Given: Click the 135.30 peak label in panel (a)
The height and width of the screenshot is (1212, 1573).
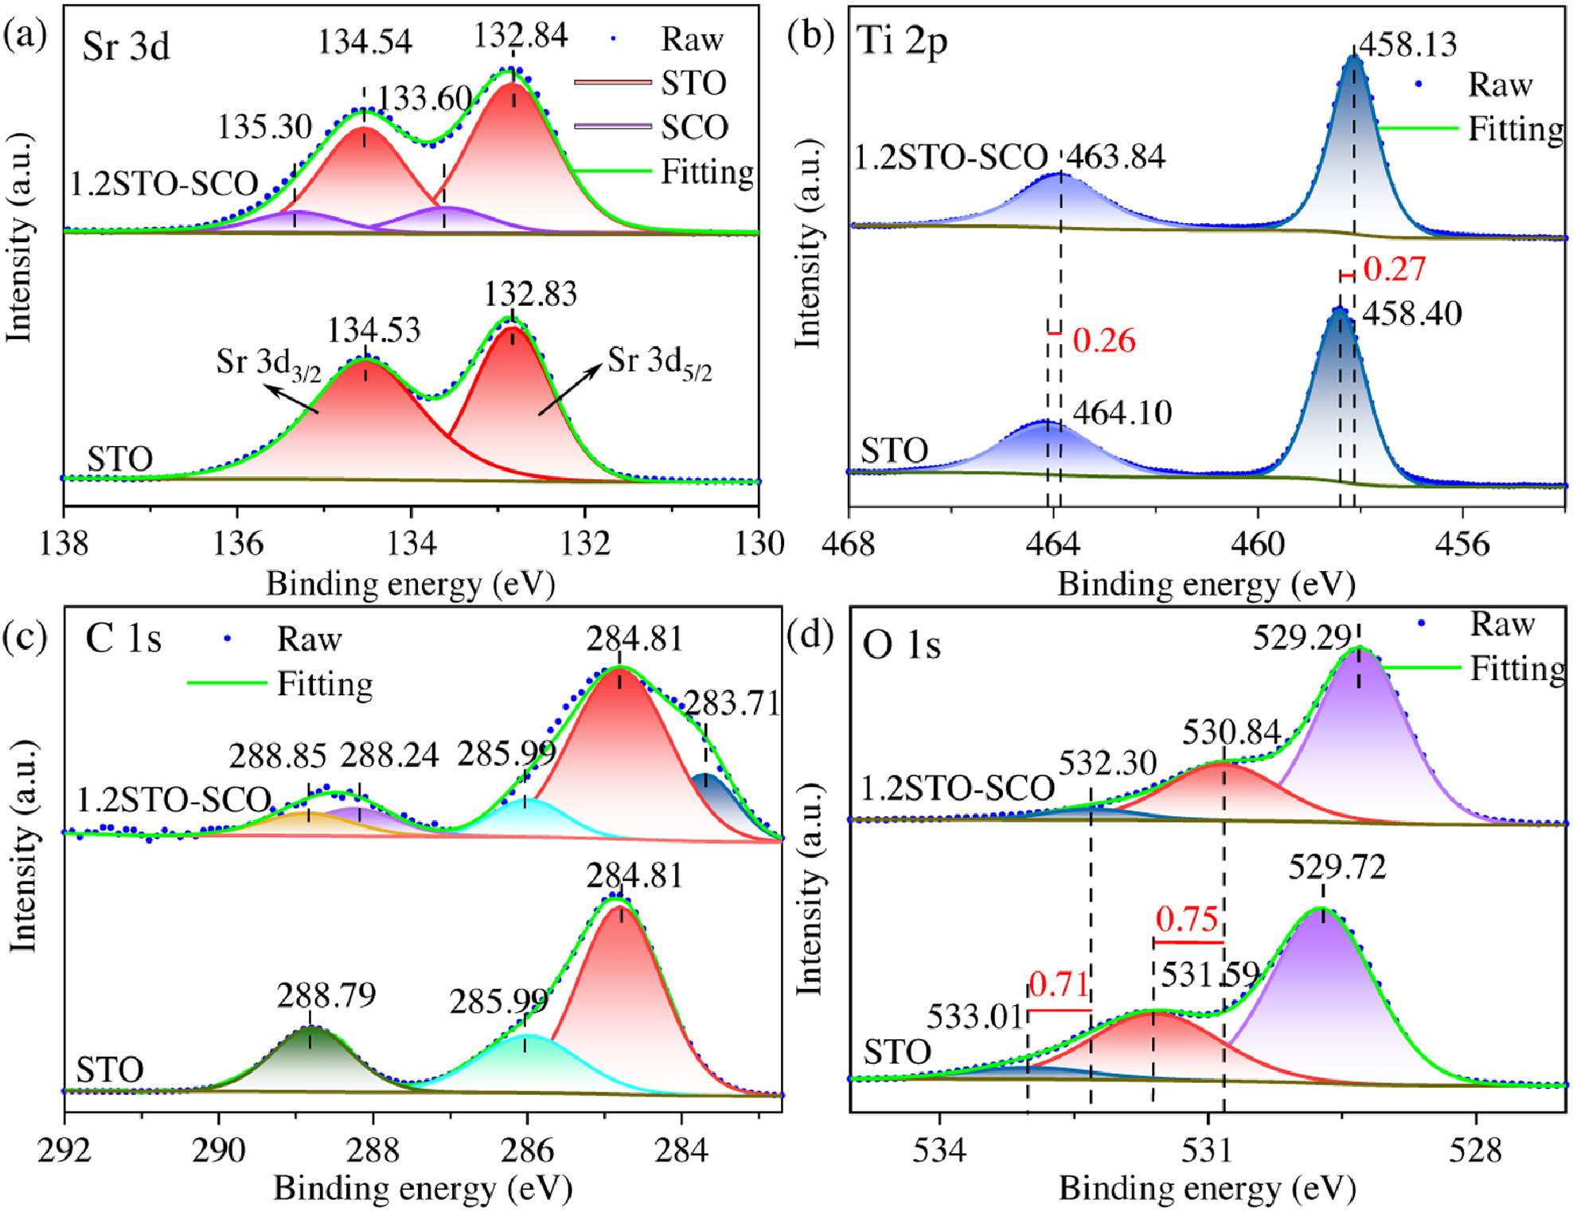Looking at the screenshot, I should [264, 127].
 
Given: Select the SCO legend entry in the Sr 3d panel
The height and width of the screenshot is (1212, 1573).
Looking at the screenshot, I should [694, 127].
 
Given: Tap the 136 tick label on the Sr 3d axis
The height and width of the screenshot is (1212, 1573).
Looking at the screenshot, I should [237, 544].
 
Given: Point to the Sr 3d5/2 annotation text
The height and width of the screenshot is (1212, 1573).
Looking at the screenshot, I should [659, 363].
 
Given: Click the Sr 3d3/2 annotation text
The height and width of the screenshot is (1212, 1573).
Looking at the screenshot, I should [268, 364].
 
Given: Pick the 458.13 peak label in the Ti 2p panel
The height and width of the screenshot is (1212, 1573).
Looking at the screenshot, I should [1407, 45].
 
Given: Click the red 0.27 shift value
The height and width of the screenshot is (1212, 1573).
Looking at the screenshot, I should [1394, 269].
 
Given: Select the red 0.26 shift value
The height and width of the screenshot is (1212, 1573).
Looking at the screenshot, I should [1104, 341].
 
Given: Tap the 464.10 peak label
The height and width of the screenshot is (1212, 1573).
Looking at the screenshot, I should [1122, 412].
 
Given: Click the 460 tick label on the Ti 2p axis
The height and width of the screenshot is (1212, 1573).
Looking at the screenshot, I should [1259, 544].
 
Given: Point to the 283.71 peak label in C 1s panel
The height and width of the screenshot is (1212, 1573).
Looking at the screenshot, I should [732, 704].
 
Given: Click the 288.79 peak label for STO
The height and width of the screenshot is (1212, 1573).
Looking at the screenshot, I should [326, 995].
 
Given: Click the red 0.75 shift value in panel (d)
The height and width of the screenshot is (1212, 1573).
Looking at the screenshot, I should [1187, 920].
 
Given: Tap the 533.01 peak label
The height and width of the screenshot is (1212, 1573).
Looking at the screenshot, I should [975, 1017].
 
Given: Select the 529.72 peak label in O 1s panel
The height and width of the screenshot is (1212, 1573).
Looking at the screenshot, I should [1337, 867].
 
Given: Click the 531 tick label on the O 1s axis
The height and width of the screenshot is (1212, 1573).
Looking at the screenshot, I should [1208, 1151].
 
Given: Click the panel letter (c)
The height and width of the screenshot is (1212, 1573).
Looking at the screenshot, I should [25, 637].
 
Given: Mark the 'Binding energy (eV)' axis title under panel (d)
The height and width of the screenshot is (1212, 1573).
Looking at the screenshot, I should [1207, 1189].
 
